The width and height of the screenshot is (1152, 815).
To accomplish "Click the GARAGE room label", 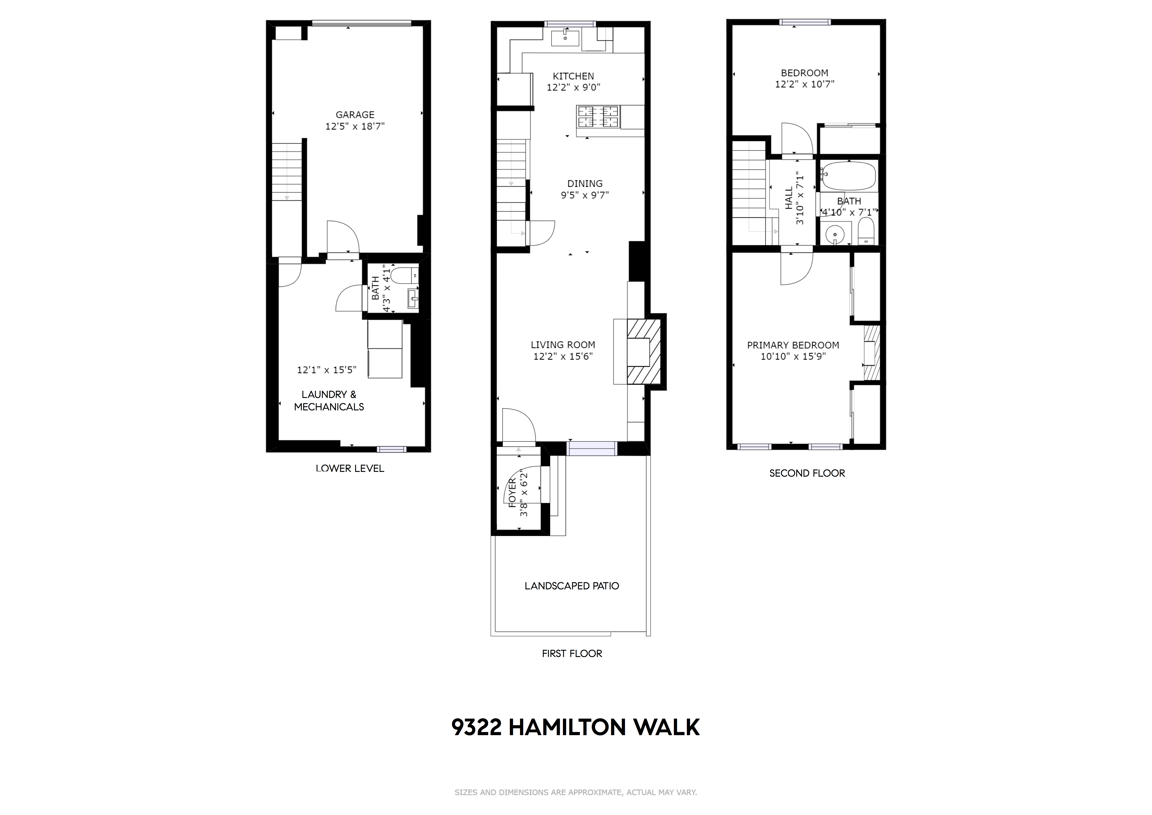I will (x=355, y=114).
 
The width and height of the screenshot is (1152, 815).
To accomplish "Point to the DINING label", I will (x=584, y=184).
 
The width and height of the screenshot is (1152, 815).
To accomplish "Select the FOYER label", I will (x=512, y=493).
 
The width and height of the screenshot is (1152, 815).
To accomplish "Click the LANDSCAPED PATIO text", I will (x=572, y=586).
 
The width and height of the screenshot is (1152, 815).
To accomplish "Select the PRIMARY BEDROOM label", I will (x=793, y=345).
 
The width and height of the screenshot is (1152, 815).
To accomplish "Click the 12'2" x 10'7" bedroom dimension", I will (x=804, y=84).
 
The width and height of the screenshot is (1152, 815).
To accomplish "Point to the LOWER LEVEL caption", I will (x=350, y=468).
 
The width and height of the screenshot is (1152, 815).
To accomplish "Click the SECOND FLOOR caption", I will (x=807, y=473).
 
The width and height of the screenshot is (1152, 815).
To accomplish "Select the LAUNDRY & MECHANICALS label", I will (x=329, y=400).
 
